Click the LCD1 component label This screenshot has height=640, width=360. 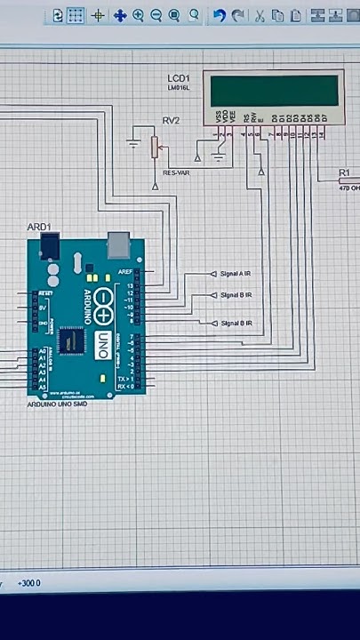tap(180, 79)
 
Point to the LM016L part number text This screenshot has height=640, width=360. tap(179, 88)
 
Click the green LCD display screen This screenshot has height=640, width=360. tap(273, 90)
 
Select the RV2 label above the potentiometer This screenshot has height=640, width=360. tap(171, 120)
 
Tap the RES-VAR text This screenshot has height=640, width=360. tap(176, 172)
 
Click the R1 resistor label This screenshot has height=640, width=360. tap(345, 172)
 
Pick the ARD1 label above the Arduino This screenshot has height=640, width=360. tap(39, 228)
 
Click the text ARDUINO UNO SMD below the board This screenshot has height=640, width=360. tap(58, 404)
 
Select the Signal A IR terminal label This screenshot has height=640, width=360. tap(236, 274)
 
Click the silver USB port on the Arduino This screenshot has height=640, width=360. tap(117, 244)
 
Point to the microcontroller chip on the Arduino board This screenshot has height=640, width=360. tap(70, 340)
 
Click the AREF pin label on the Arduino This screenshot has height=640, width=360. tap(126, 272)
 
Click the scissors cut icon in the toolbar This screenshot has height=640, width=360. tap(260, 16)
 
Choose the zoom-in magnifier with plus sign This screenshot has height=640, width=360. tap(139, 16)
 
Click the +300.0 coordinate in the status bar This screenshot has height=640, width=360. tap(28, 583)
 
